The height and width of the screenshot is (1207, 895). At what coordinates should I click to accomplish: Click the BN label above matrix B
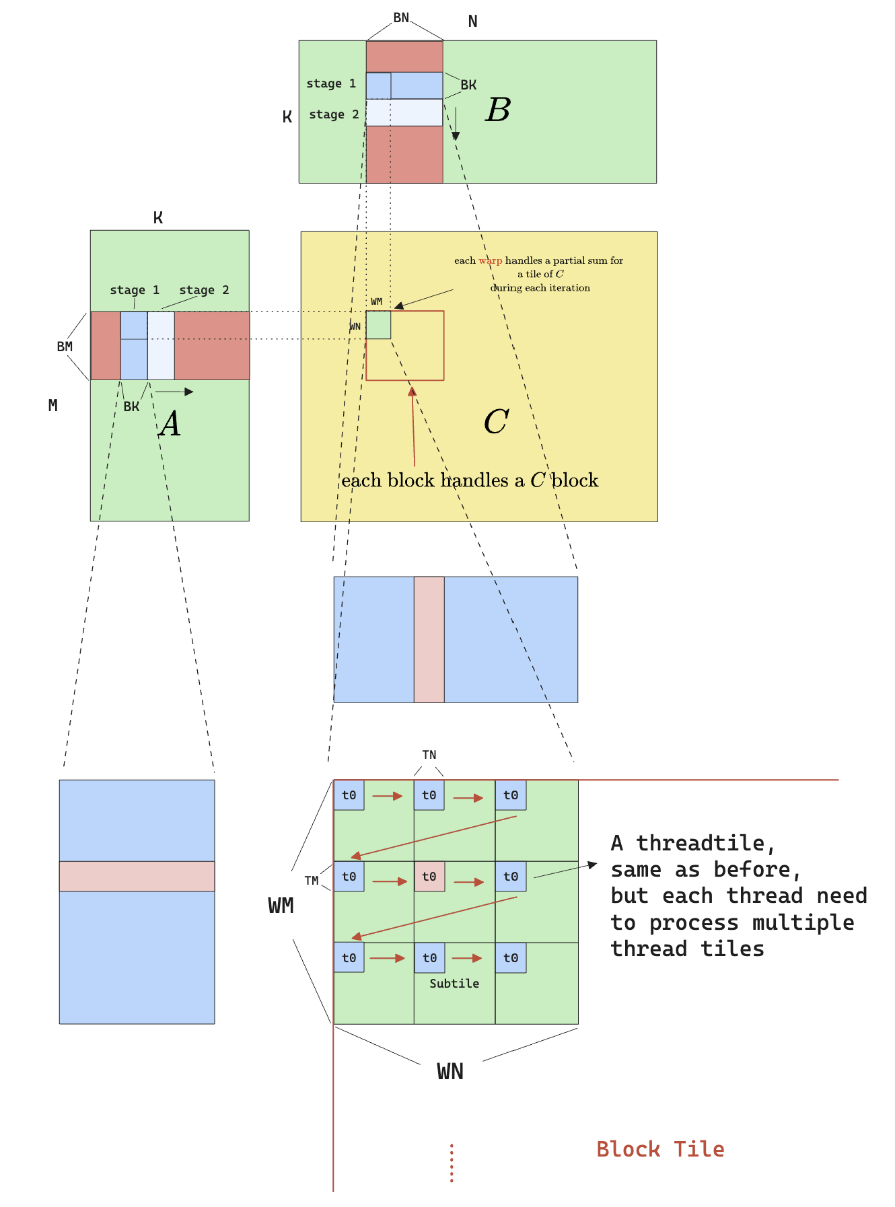click(401, 18)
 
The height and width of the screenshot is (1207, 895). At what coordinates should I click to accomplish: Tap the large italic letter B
click(498, 110)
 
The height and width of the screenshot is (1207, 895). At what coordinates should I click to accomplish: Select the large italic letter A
click(170, 424)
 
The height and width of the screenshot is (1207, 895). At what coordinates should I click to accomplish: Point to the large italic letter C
click(496, 422)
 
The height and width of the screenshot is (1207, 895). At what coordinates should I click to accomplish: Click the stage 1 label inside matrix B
click(331, 83)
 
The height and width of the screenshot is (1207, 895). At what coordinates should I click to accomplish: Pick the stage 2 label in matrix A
click(204, 290)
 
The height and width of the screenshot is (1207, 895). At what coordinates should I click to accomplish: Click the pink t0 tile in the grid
click(429, 877)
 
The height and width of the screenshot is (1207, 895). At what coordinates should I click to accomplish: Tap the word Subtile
click(454, 984)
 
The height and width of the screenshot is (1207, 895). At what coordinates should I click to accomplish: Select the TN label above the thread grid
click(429, 755)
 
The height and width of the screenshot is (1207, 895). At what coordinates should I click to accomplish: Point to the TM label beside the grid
click(311, 881)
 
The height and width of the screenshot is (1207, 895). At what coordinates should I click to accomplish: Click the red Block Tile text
click(660, 1149)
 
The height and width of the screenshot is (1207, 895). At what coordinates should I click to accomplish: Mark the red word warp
click(491, 260)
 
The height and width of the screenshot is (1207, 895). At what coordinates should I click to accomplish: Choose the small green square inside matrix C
click(378, 325)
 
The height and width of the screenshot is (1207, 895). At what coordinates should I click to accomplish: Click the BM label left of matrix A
click(65, 346)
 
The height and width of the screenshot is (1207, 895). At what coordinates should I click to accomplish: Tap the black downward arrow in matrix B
click(456, 124)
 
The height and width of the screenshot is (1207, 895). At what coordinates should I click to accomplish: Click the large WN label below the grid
click(450, 1071)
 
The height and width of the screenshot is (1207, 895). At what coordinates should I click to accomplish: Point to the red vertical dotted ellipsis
click(452, 1163)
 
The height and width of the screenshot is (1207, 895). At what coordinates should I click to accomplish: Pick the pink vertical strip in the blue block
click(429, 639)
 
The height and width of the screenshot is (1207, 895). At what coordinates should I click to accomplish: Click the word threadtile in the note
click(701, 843)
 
